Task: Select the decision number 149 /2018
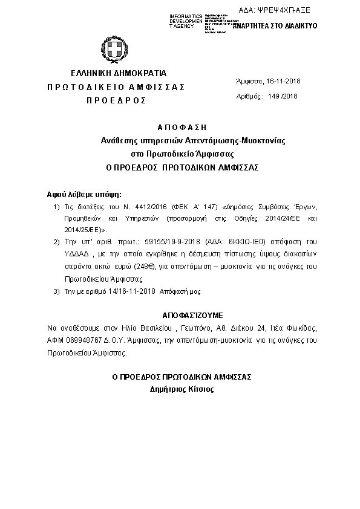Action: [x=282, y=96]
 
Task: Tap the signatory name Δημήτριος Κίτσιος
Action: [x=182, y=389]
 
